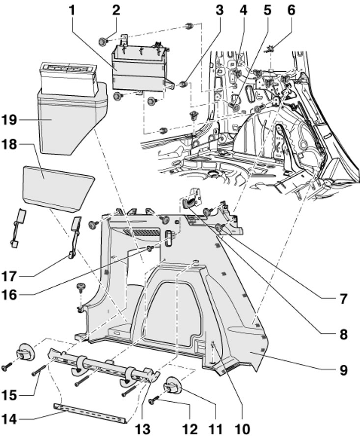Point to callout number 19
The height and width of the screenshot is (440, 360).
tap(18, 119)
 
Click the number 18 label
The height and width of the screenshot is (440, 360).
tap(18, 145)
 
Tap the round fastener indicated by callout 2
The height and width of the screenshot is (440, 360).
tap(104, 41)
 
